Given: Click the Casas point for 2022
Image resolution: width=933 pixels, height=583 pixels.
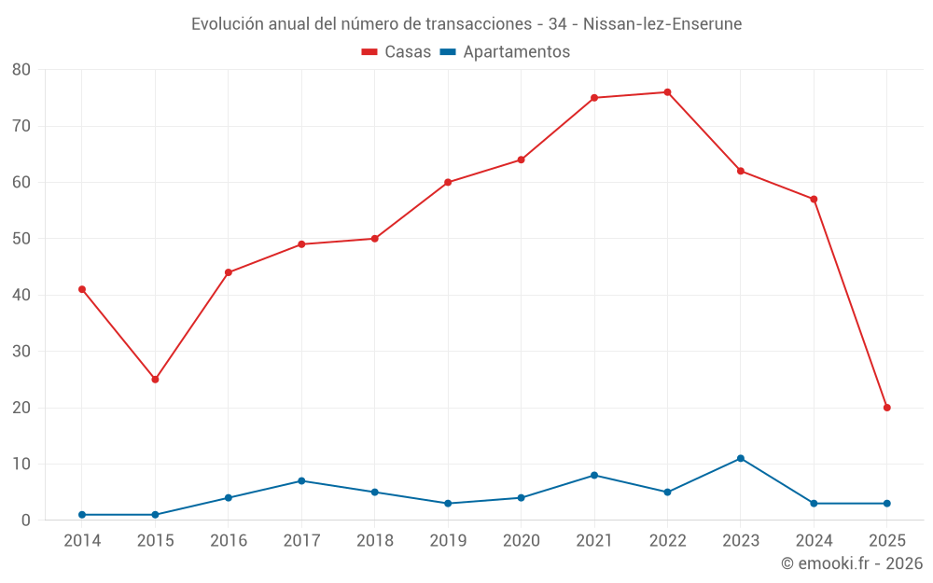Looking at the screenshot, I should click(667, 92).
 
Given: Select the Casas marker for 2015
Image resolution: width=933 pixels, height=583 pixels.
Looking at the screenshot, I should click(155, 380).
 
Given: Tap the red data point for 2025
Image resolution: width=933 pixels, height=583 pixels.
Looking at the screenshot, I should click(886, 408).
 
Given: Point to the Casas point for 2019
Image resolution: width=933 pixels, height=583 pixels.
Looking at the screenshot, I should click(448, 182).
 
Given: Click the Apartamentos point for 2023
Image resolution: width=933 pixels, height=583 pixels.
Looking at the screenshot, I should click(741, 458).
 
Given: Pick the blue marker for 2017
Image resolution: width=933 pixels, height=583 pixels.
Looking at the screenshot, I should click(301, 480).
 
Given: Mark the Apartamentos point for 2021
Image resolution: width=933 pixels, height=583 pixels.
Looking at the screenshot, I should click(594, 475).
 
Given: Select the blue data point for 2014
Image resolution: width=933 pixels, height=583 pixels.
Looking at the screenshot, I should click(82, 515).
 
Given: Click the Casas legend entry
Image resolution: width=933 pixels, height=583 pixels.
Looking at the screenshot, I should click(397, 52).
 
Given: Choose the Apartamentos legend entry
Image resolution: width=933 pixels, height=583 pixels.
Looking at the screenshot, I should click(505, 52).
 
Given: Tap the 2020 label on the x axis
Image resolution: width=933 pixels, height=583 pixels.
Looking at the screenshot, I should click(521, 541).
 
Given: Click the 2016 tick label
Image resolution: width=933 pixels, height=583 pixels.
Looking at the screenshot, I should click(229, 541).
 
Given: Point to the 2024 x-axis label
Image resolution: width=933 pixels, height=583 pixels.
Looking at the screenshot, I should click(814, 541).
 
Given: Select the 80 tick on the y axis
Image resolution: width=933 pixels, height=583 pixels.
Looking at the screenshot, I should click(21, 70).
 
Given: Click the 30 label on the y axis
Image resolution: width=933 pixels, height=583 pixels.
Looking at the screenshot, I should click(21, 352).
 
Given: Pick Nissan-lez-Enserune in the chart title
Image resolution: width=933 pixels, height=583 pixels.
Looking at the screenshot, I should click(662, 23).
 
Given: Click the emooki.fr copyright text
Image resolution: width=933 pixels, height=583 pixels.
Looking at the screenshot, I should click(852, 563).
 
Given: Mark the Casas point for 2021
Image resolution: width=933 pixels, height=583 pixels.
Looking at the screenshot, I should click(594, 98).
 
